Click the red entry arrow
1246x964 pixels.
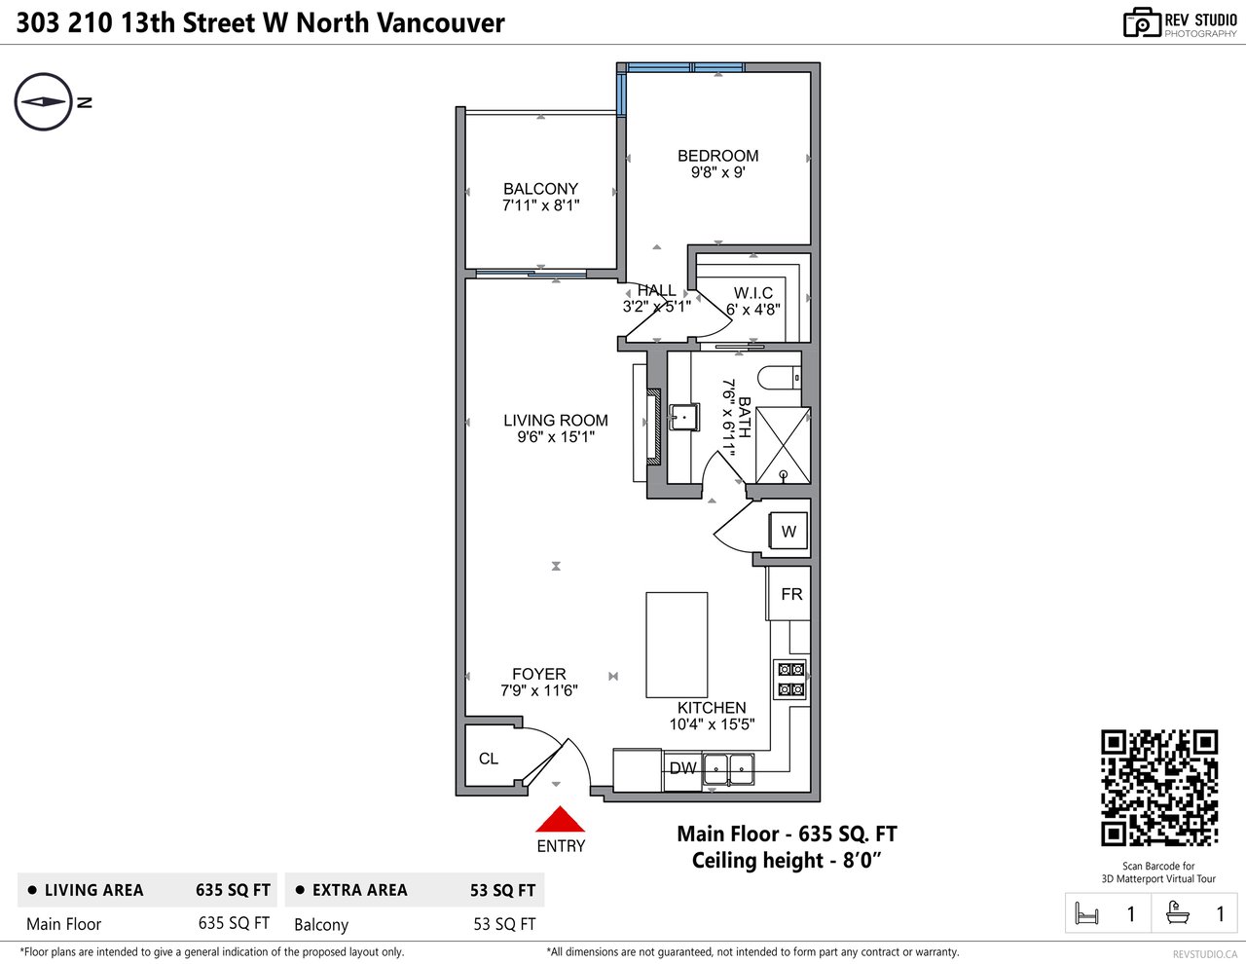[560, 820]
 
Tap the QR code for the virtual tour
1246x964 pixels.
[1158, 788]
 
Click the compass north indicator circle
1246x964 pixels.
[43, 102]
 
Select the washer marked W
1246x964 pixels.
[788, 531]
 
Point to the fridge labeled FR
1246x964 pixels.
[789, 594]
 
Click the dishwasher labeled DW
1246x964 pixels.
[682, 768]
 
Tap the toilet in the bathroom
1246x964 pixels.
[780, 379]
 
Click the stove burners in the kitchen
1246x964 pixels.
[790, 680]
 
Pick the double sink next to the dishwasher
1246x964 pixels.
[729, 769]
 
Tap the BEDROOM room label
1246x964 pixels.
[717, 156]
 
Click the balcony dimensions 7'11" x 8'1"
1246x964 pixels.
[540, 205]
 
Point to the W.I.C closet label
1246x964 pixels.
[753, 293]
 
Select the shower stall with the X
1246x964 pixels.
[784, 446]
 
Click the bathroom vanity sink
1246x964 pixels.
[684, 417]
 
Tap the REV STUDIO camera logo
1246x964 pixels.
[1141, 22]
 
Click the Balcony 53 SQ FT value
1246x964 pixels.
[504, 924]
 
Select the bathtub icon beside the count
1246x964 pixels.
[1178, 913]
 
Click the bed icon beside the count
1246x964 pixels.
[1086, 913]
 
